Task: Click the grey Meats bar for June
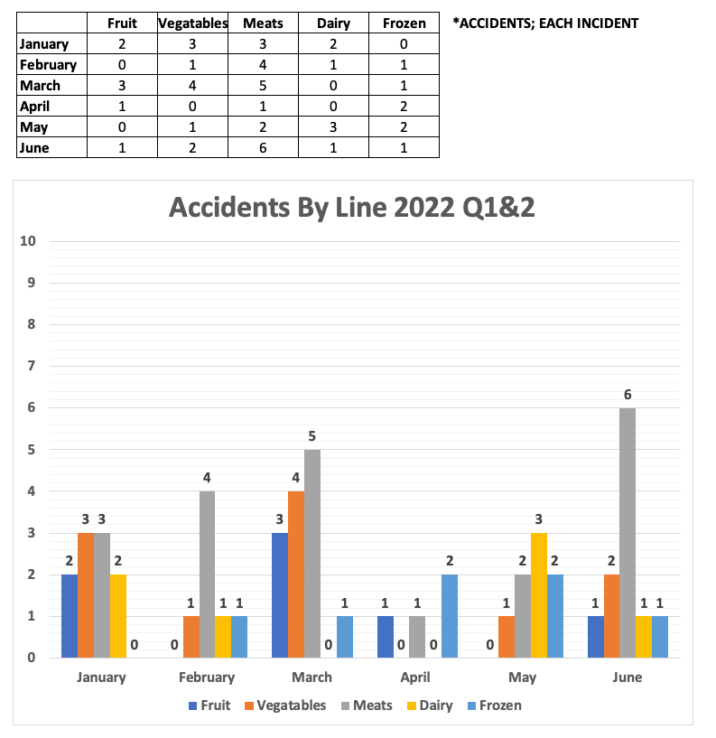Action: pos(627,533)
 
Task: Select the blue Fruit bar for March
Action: pos(280,595)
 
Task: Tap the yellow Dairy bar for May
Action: pos(538,595)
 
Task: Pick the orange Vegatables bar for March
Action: pos(296,575)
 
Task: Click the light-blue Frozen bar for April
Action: pos(450,616)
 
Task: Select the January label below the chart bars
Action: pos(101,677)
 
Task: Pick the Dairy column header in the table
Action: pos(333,23)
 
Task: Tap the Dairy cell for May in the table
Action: pos(333,127)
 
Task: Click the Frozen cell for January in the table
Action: pos(404,44)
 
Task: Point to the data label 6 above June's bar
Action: pos(627,394)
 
